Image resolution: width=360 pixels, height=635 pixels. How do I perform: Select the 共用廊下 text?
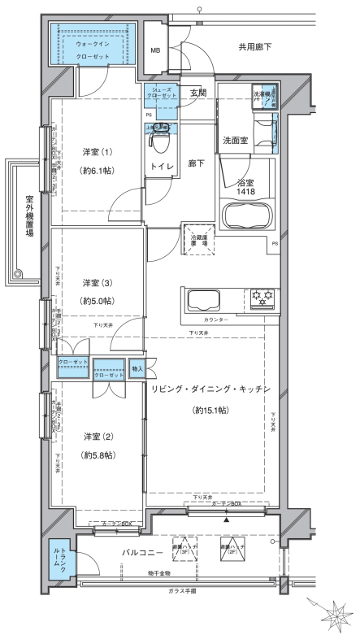click(x=254, y=47)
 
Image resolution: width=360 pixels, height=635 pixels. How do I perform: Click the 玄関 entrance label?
click(x=198, y=93)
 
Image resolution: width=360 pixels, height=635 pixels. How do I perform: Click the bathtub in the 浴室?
click(x=246, y=217)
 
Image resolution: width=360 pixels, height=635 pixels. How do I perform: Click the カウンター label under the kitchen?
click(x=211, y=321)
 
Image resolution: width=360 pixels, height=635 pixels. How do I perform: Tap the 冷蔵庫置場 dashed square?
click(x=198, y=238)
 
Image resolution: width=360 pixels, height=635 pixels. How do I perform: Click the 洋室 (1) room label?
click(x=98, y=152)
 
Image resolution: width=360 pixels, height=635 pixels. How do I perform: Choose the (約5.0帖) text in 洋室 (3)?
click(x=98, y=301)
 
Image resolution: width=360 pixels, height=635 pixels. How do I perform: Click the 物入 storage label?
click(x=137, y=369)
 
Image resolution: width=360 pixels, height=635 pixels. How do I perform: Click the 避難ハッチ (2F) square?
click(x=232, y=549)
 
